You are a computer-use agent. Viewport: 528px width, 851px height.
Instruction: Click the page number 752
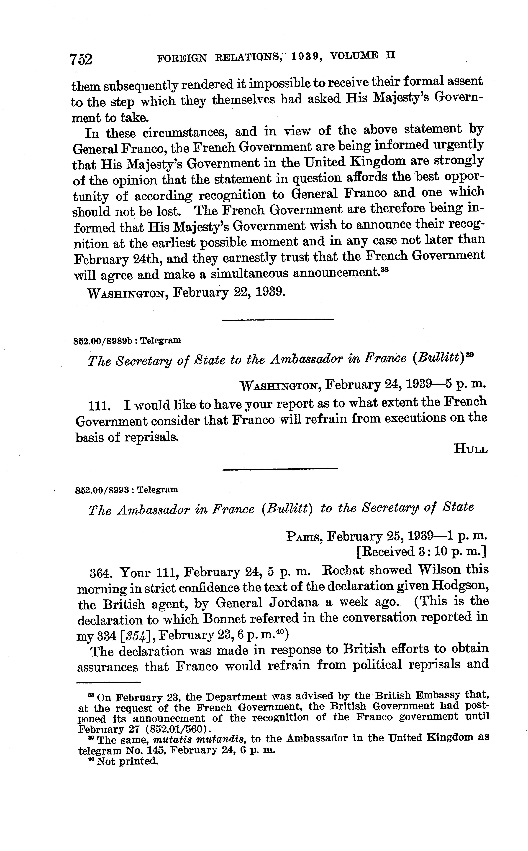pos(81,59)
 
